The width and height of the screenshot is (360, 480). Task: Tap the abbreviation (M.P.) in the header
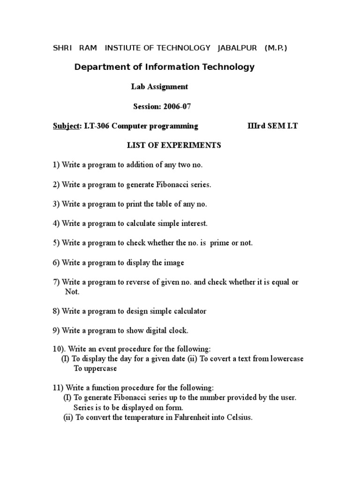pyautogui.click(x=276, y=48)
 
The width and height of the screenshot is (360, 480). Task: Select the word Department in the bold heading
pyautogui.click(x=102, y=67)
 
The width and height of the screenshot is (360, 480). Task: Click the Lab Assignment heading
pyautogui.click(x=159, y=87)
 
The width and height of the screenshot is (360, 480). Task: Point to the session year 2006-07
pyautogui.click(x=177, y=106)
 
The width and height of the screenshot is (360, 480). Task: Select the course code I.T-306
pyautogui.click(x=99, y=126)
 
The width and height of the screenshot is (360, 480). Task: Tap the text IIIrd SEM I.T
pyautogui.click(x=272, y=126)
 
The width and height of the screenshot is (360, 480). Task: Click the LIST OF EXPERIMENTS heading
pyautogui.click(x=174, y=145)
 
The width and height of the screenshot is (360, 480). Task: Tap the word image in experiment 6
pyautogui.click(x=174, y=263)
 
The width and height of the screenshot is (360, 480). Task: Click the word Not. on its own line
pyautogui.click(x=72, y=292)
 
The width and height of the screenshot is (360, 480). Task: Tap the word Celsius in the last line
pyautogui.click(x=240, y=418)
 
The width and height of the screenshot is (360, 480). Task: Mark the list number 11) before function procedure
pyautogui.click(x=58, y=388)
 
